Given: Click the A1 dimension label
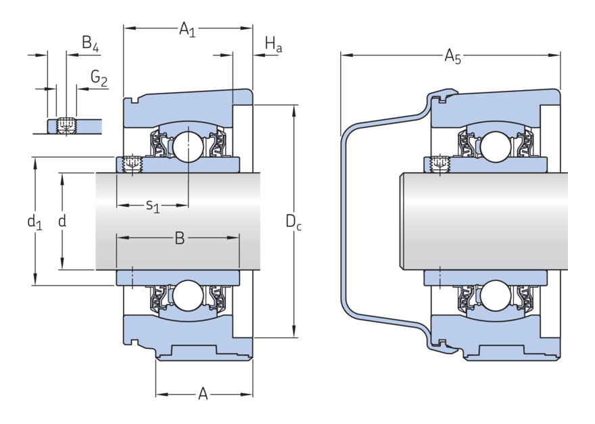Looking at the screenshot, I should point(187,29).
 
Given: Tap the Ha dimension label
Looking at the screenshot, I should point(272,45).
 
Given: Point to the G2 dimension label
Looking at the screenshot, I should point(99,79).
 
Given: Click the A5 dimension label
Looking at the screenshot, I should point(452,56).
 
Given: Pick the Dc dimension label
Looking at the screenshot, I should point(293,221).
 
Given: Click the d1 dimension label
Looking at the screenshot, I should point(34,221).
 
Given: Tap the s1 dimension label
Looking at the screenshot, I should point(153,205).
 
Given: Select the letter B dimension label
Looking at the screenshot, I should point(179,238).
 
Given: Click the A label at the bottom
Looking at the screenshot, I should point(203,394).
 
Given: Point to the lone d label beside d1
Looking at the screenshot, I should point(62,221).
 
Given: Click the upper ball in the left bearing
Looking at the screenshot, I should point(187,146).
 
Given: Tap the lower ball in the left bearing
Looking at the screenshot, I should point(187,297).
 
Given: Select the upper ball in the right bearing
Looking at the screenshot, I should point(494,146).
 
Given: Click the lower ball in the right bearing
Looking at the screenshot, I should point(494,297).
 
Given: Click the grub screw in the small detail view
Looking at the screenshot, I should point(66,125).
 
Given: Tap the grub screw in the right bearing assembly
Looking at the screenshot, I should point(440,164).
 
